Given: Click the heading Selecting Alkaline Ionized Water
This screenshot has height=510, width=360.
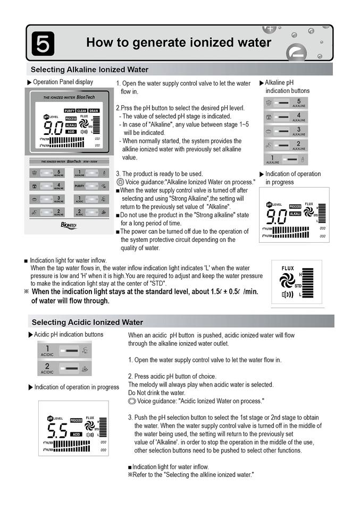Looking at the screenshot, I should (x=89, y=70).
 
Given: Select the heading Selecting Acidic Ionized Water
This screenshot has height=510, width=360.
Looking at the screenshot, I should (x=87, y=322).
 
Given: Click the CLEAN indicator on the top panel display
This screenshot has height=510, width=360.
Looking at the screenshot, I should (x=81, y=110).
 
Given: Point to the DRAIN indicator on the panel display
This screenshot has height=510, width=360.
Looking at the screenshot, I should (x=94, y=110).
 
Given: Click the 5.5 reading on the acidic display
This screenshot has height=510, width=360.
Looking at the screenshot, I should (x=55, y=430).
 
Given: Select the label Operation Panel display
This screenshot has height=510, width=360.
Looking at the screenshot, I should (x=63, y=82).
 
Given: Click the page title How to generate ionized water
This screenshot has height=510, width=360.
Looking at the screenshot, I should (x=179, y=42).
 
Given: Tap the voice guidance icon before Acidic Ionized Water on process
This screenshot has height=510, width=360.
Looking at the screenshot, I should (x=132, y=401).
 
